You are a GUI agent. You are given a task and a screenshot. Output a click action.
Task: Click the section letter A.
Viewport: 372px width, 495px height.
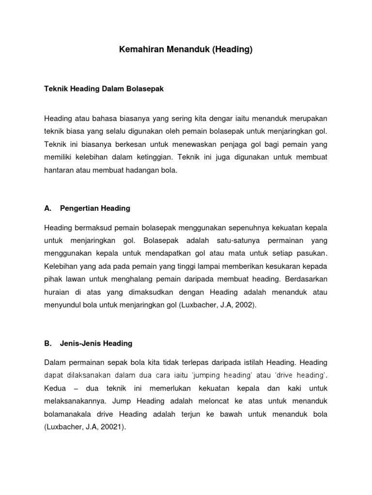(x=47, y=208)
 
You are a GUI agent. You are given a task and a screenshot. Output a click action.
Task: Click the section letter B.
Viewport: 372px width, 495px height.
(x=47, y=344)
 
